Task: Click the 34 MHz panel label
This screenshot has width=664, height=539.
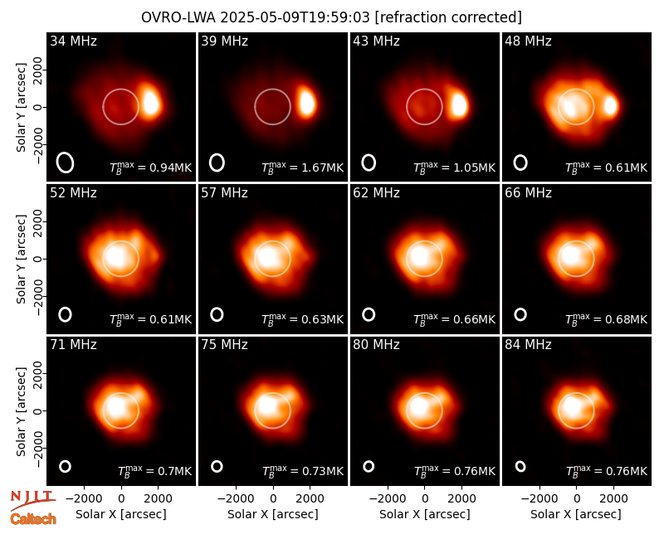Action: point(73,41)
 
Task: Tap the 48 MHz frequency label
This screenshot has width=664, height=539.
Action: point(528,41)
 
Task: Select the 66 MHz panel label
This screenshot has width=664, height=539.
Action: point(528,193)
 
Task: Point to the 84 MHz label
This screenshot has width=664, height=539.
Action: point(528,345)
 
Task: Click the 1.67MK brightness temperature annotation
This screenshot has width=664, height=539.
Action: point(302,168)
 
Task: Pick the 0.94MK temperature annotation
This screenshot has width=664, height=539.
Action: point(151,168)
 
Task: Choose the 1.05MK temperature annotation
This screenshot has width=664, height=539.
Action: point(454,168)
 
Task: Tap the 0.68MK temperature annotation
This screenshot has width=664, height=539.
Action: point(607,319)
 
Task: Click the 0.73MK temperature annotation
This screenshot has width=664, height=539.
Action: point(303,471)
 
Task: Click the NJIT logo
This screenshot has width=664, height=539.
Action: point(32,499)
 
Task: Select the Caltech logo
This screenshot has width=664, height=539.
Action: point(33,519)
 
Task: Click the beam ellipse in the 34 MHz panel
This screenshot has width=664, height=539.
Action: point(66,163)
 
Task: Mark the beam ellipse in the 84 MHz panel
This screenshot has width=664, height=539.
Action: point(520,466)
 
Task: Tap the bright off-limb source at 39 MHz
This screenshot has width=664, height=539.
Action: point(306,102)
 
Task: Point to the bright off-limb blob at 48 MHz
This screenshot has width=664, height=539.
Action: point(610,106)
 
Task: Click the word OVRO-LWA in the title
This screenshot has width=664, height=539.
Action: point(178,17)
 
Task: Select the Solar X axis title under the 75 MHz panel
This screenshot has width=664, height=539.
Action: point(273,514)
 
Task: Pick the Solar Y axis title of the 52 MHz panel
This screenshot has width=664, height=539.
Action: point(22,259)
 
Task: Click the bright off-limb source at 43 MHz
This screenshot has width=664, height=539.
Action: point(458,104)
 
